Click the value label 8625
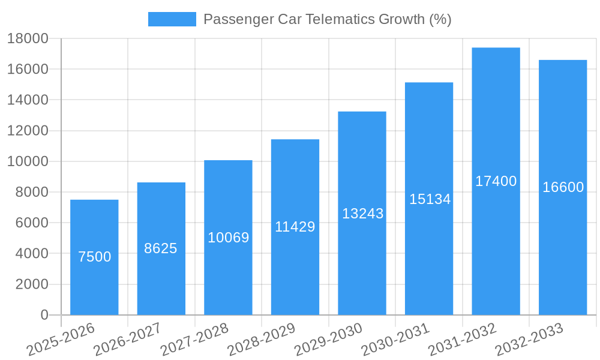pyautogui.click(x=161, y=248)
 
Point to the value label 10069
pyautogui.click(x=228, y=238)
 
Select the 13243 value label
pyautogui.click(x=362, y=214)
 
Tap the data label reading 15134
pyautogui.click(x=430, y=199)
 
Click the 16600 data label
pyautogui.click(x=563, y=187)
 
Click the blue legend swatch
pyautogui.click(x=172, y=19)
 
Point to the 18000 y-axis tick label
pyautogui.click(x=28, y=39)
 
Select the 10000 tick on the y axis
pyautogui.click(x=28, y=161)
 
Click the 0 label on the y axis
pyautogui.click(x=44, y=315)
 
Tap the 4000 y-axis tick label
pyautogui.click(x=31, y=254)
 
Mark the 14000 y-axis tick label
pyautogui.click(x=28, y=100)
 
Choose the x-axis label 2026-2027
pyautogui.click(x=127, y=340)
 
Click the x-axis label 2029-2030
pyautogui.click(x=329, y=340)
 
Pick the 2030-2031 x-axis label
pyautogui.click(x=396, y=340)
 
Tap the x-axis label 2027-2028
pyautogui.click(x=194, y=340)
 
